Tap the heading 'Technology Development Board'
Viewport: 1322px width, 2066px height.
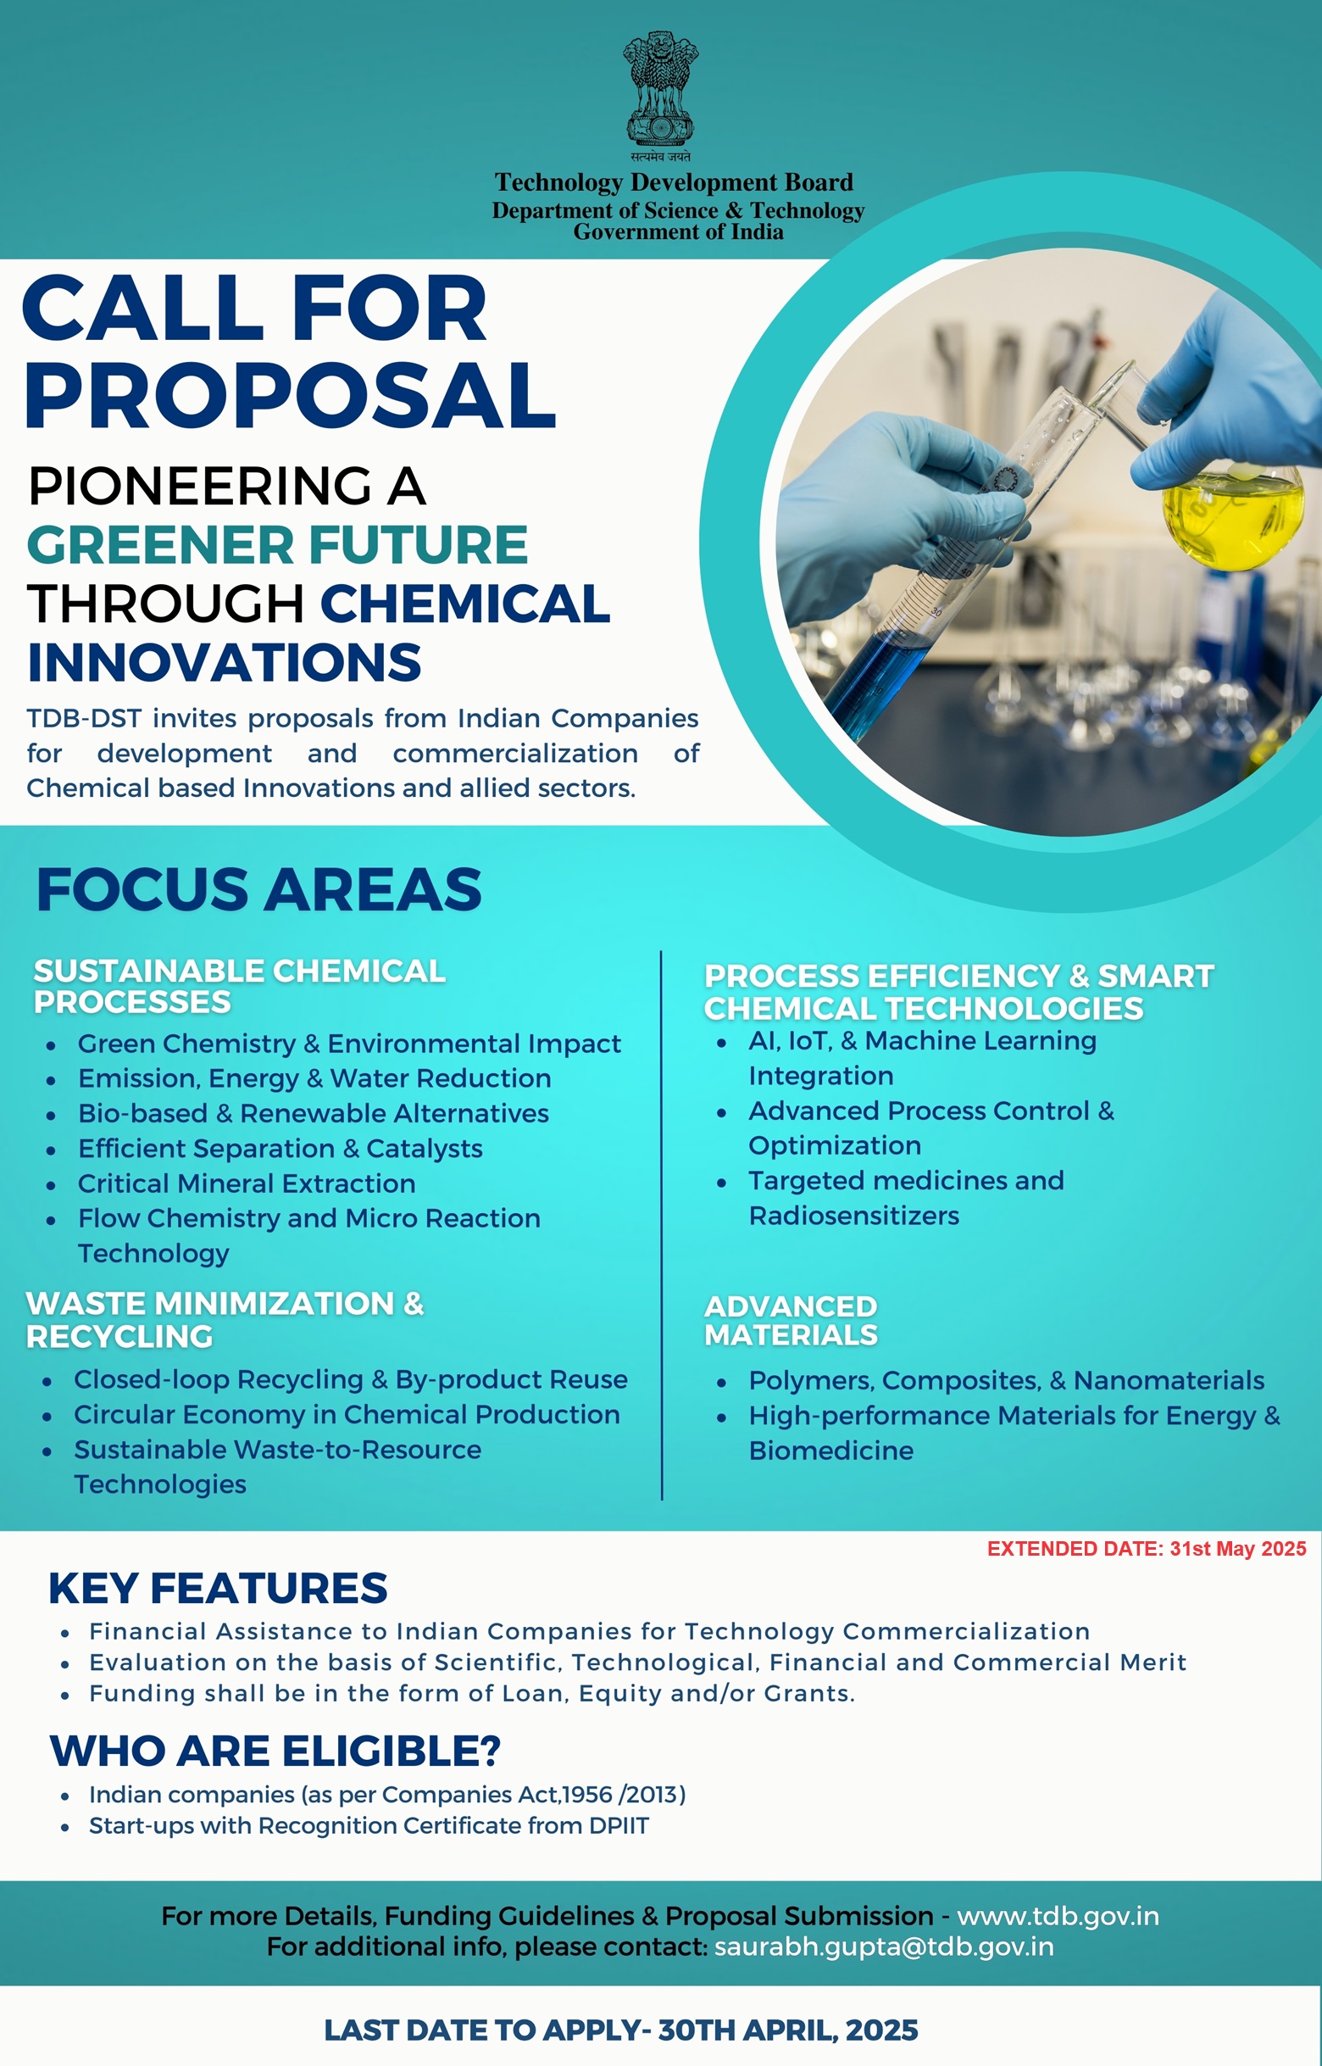pyautogui.click(x=674, y=182)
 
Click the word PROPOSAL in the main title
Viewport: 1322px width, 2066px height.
pyautogui.click(x=291, y=395)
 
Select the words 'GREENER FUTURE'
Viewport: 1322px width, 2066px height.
pyautogui.click(x=277, y=544)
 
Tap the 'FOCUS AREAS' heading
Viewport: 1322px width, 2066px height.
pyautogui.click(x=259, y=888)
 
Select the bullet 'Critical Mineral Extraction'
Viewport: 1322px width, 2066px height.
pyautogui.click(x=247, y=1183)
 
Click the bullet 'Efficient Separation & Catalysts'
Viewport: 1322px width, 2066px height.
pyautogui.click(x=280, y=1148)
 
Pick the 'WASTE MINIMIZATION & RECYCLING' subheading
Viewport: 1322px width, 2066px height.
pyautogui.click(x=225, y=1319)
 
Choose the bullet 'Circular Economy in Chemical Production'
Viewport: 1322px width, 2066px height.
pyautogui.click(x=347, y=1414)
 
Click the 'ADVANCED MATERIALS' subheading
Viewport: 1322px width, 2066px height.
pyautogui.click(x=791, y=1321)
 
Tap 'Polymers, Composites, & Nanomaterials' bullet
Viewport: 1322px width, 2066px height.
pyautogui.click(x=1006, y=1380)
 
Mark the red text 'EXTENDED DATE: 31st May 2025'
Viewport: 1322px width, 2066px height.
pyautogui.click(x=1146, y=1548)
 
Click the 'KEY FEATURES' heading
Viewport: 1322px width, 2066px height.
pyautogui.click(x=218, y=1588)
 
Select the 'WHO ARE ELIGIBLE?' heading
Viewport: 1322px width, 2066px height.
pyautogui.click(x=275, y=1751)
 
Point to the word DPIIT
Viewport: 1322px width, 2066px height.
pyautogui.click(x=618, y=1825)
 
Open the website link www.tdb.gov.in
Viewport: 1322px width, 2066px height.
pyautogui.click(x=1058, y=1916)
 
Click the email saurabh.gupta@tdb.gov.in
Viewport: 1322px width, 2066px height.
pyautogui.click(x=883, y=1946)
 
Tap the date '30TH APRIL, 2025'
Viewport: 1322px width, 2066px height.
pyautogui.click(x=787, y=2030)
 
